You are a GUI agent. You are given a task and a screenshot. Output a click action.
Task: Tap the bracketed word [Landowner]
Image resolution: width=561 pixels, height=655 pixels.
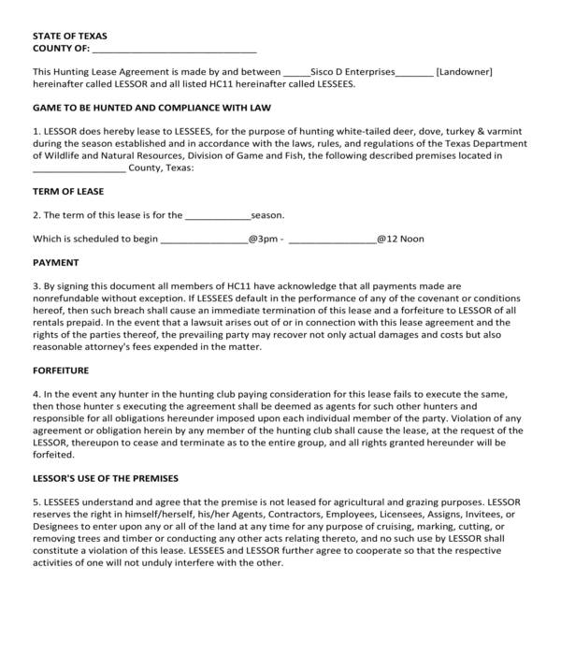tap(464, 71)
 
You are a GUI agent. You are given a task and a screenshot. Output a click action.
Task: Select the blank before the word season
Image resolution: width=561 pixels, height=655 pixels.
tap(218, 215)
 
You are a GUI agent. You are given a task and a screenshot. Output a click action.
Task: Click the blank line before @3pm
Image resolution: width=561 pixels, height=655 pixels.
tap(204, 240)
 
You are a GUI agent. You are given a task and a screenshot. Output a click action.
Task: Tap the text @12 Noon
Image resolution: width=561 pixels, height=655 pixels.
tap(400, 240)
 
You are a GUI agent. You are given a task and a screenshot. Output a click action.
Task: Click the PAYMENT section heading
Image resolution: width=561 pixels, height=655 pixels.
tap(56, 262)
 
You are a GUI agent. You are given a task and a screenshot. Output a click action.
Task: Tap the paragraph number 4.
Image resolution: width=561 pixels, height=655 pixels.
tap(36, 395)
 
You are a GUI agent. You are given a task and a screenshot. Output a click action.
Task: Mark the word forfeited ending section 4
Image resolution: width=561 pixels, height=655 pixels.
tap(52, 456)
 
